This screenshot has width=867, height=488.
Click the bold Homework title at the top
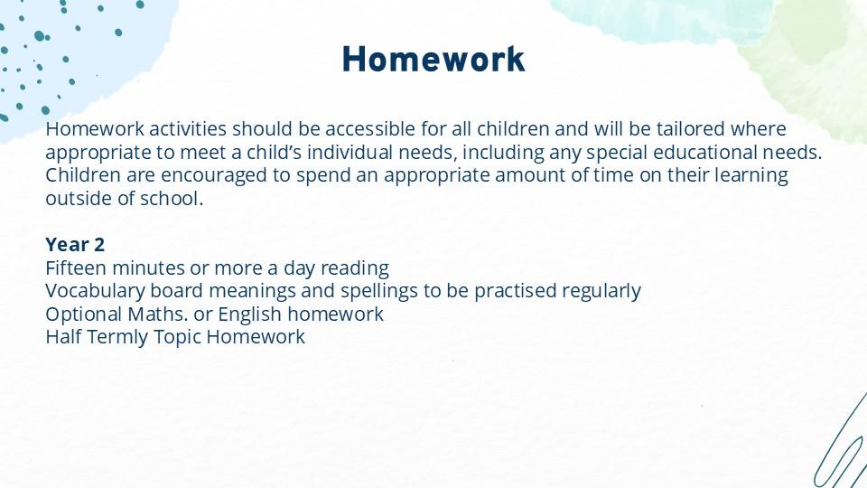pos(433,60)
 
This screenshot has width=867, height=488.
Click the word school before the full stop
pos(169,199)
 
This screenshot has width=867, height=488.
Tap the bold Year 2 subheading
pos(75,245)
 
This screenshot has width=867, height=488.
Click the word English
pos(249,314)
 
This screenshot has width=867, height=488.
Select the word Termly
pos(117,337)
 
